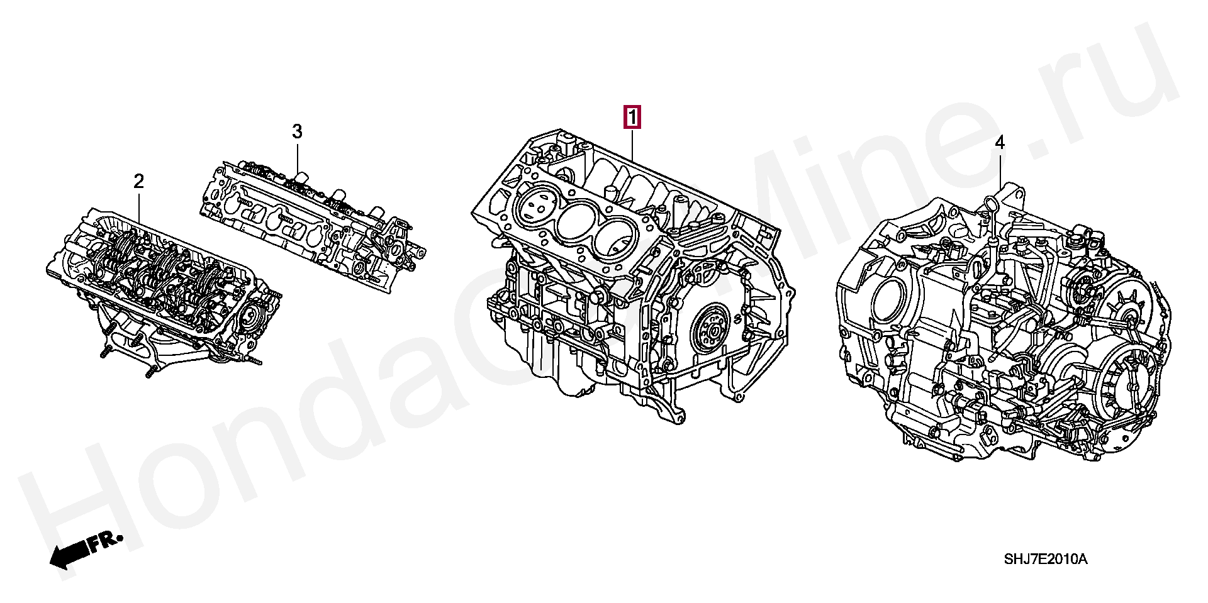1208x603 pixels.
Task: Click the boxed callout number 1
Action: point(632,118)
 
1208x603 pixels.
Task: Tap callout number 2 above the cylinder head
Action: point(138,182)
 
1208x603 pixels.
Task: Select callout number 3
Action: point(297,132)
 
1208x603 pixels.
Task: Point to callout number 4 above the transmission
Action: point(1000,143)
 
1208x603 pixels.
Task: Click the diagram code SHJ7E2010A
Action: point(1045,559)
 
